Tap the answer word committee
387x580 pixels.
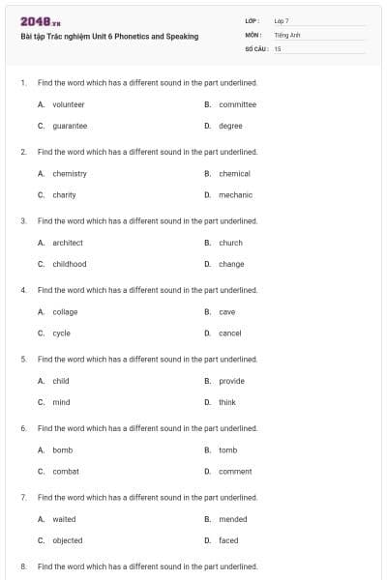pyautogui.click(x=237, y=104)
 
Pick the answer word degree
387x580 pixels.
pyautogui.click(x=230, y=126)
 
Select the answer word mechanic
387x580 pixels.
pyautogui.click(x=235, y=195)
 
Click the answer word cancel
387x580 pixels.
pyautogui.click(x=230, y=333)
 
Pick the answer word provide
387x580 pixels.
pyautogui.click(x=232, y=381)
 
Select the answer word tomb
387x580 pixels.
pyautogui.click(x=228, y=450)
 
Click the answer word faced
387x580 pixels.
pyautogui.click(x=228, y=540)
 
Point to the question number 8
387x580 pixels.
pyautogui.click(x=23, y=566)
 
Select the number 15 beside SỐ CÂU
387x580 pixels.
pyautogui.click(x=278, y=47)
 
